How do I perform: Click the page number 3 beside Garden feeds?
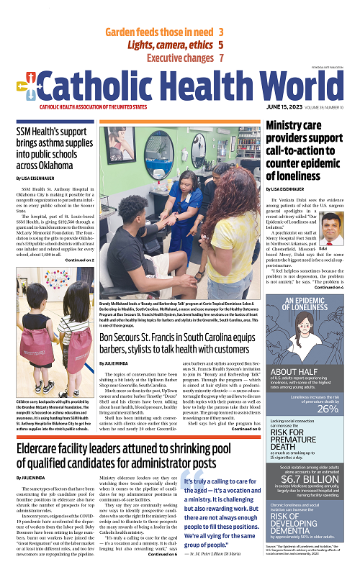(220, 32)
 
